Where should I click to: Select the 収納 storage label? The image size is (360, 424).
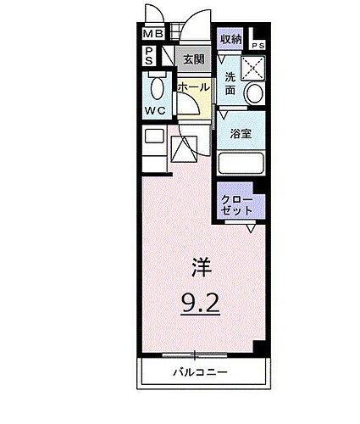230,40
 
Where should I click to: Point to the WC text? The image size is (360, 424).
153,110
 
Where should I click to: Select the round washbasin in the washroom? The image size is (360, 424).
253,94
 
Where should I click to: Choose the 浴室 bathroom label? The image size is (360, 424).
239,132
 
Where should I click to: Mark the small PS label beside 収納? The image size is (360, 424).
257,45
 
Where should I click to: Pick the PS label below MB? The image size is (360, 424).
149,56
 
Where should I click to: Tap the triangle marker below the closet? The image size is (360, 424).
252,226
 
